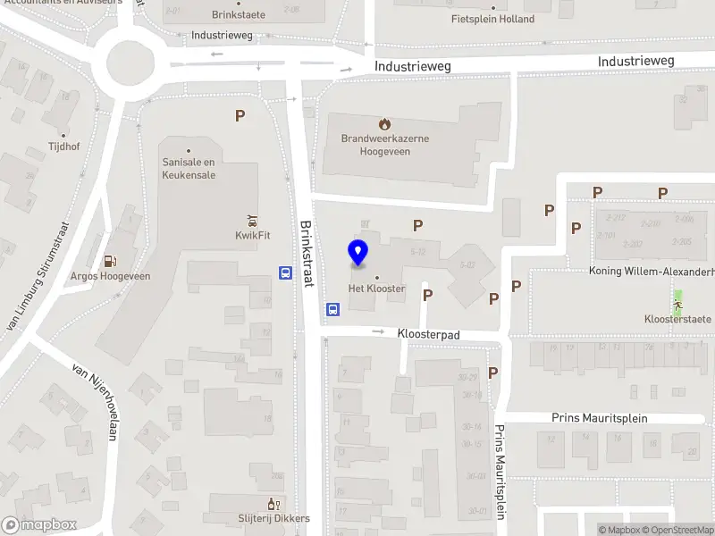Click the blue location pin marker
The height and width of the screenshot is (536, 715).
pyautogui.click(x=358, y=253)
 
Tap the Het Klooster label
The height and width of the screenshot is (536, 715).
pyautogui.click(x=376, y=289)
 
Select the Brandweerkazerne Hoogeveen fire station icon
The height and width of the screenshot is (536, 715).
pyautogui.click(x=384, y=124)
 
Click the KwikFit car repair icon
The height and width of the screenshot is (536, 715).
pyautogui.click(x=252, y=221)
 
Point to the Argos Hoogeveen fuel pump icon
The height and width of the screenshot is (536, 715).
pyautogui.click(x=110, y=262)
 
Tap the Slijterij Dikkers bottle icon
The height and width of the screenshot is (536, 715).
pyautogui.click(x=273, y=505)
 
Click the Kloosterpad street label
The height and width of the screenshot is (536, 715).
pyautogui.click(x=428, y=333)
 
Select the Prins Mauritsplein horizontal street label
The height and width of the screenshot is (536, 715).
pyautogui.click(x=599, y=418)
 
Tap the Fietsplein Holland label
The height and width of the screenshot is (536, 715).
pyautogui.click(x=492, y=19)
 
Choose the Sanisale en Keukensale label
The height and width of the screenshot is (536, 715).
pyautogui.click(x=189, y=168)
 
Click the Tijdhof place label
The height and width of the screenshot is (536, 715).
pyautogui.click(x=63, y=146)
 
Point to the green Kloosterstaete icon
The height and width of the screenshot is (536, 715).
pyautogui.click(x=677, y=305)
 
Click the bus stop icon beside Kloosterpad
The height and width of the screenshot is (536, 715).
pyautogui.click(x=332, y=309)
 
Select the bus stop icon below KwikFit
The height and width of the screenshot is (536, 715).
pyautogui.click(x=285, y=273)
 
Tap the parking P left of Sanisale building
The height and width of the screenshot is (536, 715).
pyautogui.click(x=239, y=115)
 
